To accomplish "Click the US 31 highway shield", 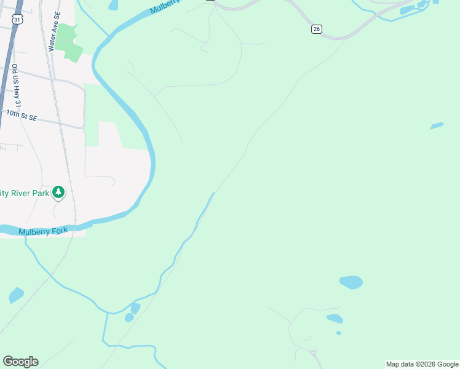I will [x=17, y=20].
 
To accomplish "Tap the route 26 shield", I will [x=316, y=30].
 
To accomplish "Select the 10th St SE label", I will [x=22, y=115].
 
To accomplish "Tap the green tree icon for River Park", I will [x=58, y=192].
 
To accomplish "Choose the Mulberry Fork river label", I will [x=43, y=231].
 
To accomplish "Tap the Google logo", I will [x=20, y=362].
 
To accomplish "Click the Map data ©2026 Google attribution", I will [x=422, y=364].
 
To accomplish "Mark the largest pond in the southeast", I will [x=351, y=282].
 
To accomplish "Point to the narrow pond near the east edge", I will [x=437, y=126].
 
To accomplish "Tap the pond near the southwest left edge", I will [x=16, y=295].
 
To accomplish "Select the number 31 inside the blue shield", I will [x=17, y=20].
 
